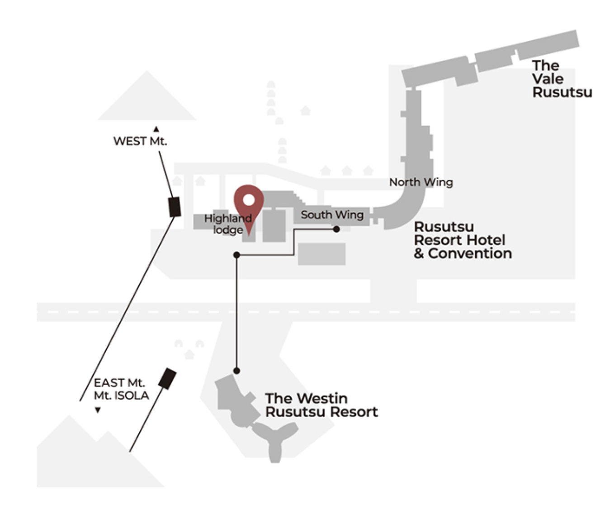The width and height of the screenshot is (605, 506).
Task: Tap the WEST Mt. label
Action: [x=140, y=141]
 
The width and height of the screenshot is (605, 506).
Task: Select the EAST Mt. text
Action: [x=119, y=383]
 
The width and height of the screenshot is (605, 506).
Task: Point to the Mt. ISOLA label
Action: [x=121, y=396]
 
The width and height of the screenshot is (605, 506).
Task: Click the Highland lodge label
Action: [x=228, y=224]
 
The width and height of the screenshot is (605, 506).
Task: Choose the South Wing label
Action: [x=332, y=215]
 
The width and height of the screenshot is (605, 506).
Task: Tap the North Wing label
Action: [x=421, y=182]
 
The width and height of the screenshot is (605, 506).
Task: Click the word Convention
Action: [x=470, y=253]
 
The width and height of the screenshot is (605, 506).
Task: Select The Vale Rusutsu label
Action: [x=561, y=79]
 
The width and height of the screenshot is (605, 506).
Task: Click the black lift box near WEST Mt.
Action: [x=175, y=207]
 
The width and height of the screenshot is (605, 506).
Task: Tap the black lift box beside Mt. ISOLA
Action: [x=167, y=378]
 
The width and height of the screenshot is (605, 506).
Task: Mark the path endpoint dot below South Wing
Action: [x=336, y=229]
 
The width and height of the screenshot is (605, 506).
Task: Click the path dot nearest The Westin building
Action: [x=236, y=371]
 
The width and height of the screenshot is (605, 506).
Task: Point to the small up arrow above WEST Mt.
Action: [x=156, y=129]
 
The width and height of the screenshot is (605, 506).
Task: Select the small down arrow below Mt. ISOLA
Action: [x=98, y=411]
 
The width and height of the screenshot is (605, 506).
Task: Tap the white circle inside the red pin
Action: [x=248, y=199]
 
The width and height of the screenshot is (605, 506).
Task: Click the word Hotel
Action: [x=487, y=240]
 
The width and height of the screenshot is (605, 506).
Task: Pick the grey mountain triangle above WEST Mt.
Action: [x=147, y=100]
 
